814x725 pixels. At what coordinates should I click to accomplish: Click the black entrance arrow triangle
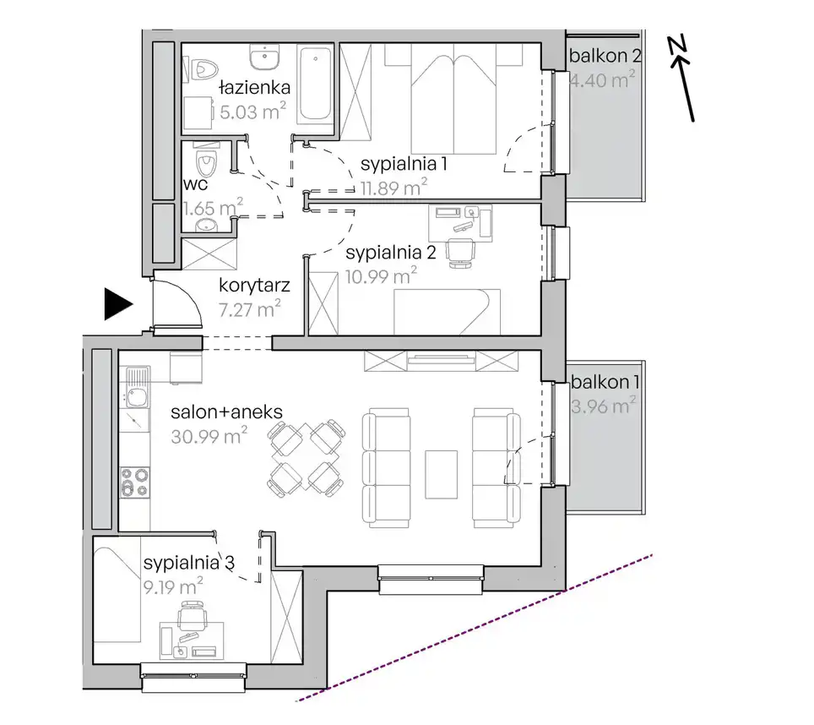tap(117, 304)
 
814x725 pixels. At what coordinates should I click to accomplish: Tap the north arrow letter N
tap(676, 44)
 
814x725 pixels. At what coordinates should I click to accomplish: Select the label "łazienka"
tap(254, 87)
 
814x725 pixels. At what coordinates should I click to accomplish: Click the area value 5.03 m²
tap(252, 112)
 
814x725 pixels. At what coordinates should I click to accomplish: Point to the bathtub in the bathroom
tap(315, 84)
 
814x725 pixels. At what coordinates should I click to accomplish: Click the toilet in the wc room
tap(205, 161)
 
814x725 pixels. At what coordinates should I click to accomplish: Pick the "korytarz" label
tap(254, 286)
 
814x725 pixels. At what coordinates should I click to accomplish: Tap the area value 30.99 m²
tap(209, 436)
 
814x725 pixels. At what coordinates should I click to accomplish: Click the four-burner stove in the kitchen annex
tap(135, 482)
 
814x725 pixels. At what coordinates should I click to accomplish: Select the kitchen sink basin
tap(138, 397)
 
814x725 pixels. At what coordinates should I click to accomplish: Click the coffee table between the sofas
tap(442, 474)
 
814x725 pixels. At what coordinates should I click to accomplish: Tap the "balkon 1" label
tap(605, 382)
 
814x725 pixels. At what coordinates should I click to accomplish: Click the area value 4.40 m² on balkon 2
tap(602, 80)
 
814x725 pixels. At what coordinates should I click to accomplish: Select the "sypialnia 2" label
tap(390, 253)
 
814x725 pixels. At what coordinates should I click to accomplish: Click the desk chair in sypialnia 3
tap(191, 615)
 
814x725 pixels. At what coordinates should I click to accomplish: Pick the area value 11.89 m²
tap(394, 187)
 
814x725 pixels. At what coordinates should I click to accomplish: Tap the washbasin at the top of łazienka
tap(265, 57)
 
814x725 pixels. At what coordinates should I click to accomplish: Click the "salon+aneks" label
tap(227, 412)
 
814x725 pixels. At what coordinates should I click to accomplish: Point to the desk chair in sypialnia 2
tap(461, 253)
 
